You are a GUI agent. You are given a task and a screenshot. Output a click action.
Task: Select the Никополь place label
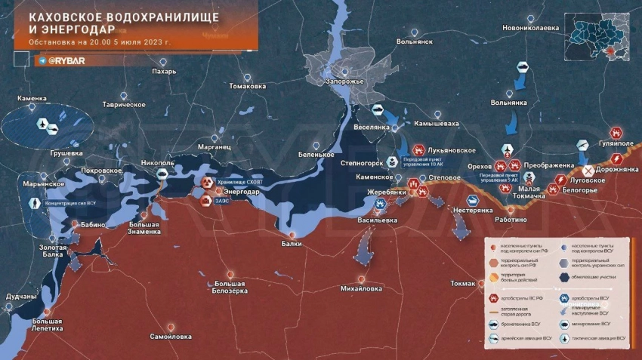[157, 162]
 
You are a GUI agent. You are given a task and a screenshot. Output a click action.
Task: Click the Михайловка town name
[362, 288]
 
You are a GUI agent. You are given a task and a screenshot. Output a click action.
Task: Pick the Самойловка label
[171, 336]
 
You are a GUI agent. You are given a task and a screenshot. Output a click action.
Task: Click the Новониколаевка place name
[532, 28]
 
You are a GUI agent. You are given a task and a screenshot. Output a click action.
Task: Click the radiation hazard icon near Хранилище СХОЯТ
[206, 183]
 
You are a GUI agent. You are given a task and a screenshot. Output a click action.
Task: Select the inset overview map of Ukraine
[602, 38]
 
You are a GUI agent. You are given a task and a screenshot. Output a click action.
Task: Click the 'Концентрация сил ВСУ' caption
[71, 203]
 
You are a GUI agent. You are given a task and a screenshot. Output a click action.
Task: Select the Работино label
[511, 219]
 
